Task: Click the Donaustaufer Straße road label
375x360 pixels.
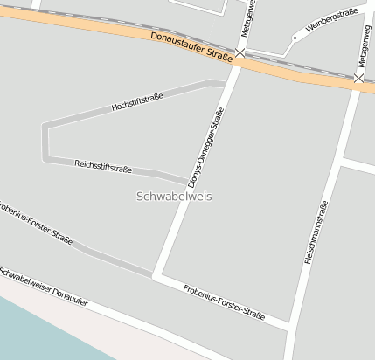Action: [x=191, y=47]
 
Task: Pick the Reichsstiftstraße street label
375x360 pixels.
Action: [x=103, y=164]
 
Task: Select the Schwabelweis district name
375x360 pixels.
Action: [x=174, y=197]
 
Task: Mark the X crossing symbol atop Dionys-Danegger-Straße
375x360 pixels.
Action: [x=240, y=54]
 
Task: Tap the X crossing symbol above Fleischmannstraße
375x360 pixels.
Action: [x=359, y=79]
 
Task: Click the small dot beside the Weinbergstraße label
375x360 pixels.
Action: [x=295, y=38]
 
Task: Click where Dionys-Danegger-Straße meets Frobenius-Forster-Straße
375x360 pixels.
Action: [x=156, y=276]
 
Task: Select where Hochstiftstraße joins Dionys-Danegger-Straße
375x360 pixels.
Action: [x=226, y=84]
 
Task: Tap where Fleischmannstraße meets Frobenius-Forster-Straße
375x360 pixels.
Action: [x=292, y=327]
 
